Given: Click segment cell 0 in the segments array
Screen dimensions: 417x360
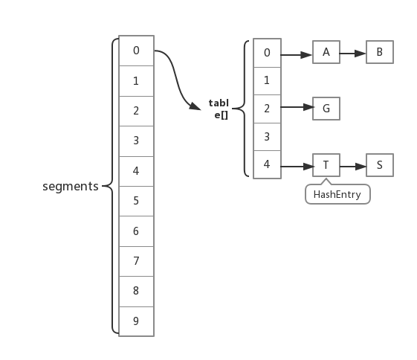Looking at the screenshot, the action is [x=136, y=51].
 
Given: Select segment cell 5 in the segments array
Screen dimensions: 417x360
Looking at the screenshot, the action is [x=136, y=201].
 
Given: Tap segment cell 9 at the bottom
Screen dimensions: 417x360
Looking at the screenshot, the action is [x=136, y=321].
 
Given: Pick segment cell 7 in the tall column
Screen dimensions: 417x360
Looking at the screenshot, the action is [x=136, y=261].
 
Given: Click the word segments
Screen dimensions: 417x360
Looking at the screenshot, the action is [x=71, y=186].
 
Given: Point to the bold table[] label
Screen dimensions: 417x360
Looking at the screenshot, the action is [x=219, y=109].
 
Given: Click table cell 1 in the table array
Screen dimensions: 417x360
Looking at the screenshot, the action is [x=268, y=81].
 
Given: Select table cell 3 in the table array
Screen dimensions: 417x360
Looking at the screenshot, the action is [x=268, y=137].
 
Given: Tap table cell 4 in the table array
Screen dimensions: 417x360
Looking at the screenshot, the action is [x=268, y=164].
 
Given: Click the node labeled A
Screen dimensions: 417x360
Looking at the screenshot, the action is [x=326, y=52].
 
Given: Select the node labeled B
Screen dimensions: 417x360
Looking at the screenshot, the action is [x=380, y=52].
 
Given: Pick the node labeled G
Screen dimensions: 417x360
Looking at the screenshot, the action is [x=326, y=109].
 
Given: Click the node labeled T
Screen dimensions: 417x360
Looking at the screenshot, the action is [x=326, y=165].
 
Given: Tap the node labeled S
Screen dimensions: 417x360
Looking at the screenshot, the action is [x=380, y=165].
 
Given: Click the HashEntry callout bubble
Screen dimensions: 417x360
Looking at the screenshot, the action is [x=337, y=194].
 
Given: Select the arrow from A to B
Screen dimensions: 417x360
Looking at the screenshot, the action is [x=353, y=54].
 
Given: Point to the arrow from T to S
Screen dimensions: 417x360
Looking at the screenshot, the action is [x=353, y=167].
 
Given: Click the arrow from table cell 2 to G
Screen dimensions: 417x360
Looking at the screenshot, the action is [x=297, y=107].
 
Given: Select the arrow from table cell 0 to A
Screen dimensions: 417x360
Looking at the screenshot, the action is [x=297, y=55].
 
